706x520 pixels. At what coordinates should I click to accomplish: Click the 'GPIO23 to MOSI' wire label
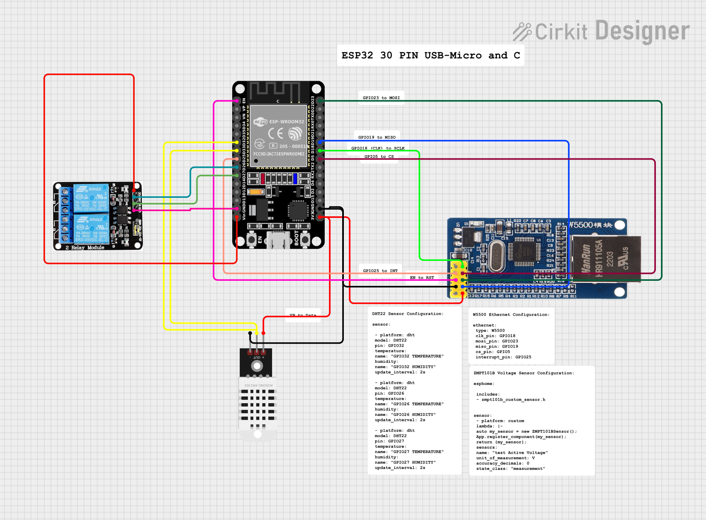pyautogui.click(x=381, y=98)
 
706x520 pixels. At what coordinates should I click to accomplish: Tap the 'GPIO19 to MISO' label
pyautogui.click(x=377, y=137)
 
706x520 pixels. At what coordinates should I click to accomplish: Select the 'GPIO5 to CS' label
pyautogui.click(x=379, y=156)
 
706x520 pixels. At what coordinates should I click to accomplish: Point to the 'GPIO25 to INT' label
pyautogui.click(x=380, y=271)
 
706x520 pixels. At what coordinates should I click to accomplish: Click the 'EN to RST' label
pyautogui.click(x=422, y=277)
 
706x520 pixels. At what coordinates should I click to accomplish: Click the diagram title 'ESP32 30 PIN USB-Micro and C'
pyautogui.click(x=431, y=55)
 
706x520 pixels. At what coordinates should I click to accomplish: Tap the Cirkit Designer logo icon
pyautogui.click(x=522, y=32)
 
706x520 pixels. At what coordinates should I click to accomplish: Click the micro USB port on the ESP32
pyautogui.click(x=278, y=240)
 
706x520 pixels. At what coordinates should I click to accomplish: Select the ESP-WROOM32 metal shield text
pyautogui.click(x=286, y=122)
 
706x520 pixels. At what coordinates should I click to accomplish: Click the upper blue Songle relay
pyautogui.click(x=91, y=198)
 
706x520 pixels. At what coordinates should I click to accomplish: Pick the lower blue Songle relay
pyautogui.click(x=91, y=229)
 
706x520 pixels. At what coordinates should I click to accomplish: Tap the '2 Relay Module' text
pyautogui.click(x=85, y=247)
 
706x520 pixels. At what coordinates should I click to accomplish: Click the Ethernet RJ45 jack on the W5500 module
pyautogui.click(x=605, y=258)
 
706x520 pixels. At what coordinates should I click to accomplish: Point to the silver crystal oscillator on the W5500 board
pyautogui.click(x=496, y=256)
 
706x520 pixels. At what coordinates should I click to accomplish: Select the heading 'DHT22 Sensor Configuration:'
pyautogui.click(x=408, y=314)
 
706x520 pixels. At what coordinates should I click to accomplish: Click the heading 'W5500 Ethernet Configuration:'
pyautogui.click(x=511, y=314)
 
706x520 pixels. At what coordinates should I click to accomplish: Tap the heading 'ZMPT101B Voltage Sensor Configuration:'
pyautogui.click(x=524, y=373)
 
